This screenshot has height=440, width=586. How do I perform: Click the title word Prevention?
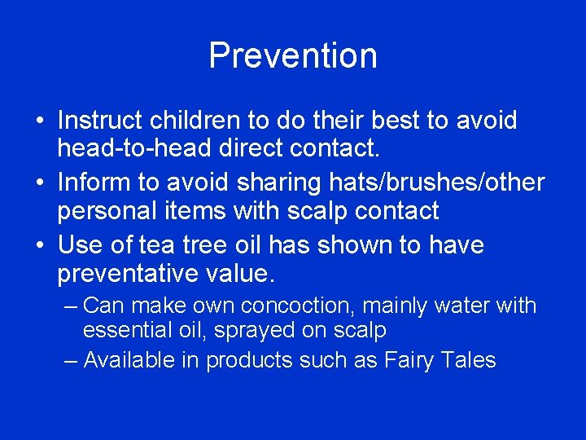[293, 56]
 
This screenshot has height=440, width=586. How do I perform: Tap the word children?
[195, 121]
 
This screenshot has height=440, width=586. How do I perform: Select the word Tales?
[470, 359]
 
